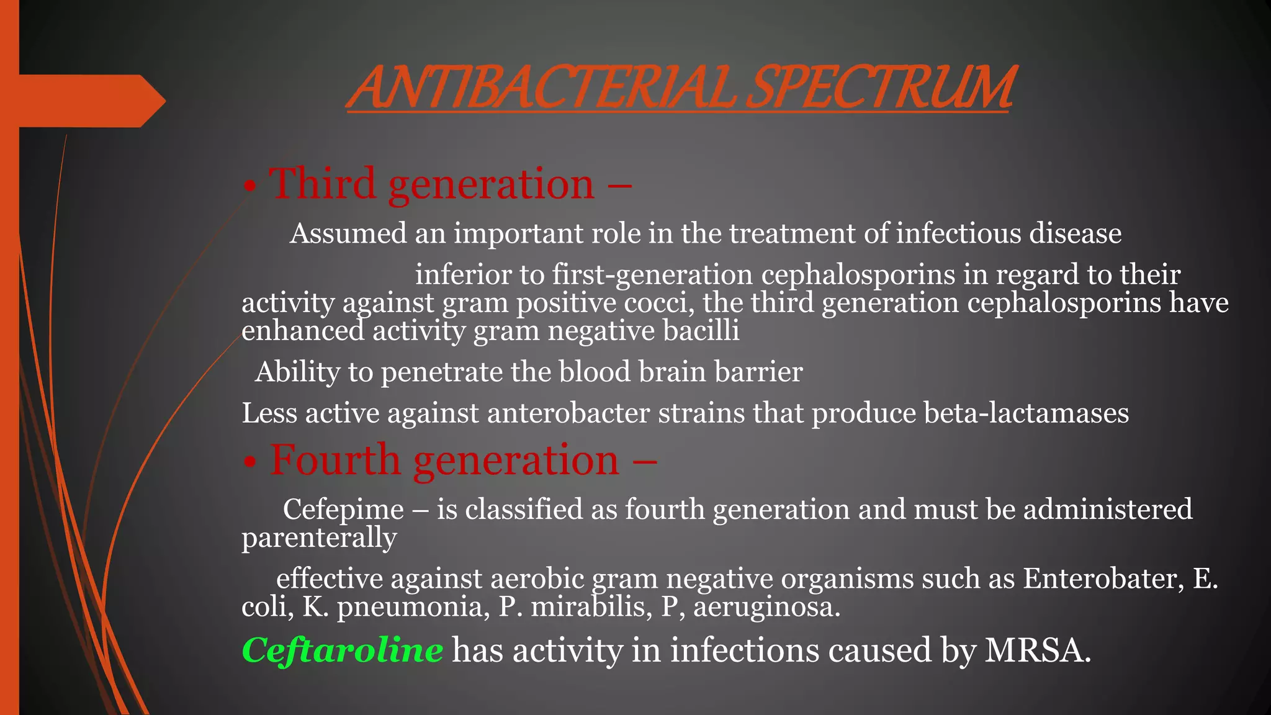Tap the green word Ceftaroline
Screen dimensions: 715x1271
click(x=342, y=650)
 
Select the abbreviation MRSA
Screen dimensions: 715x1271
click(x=1037, y=650)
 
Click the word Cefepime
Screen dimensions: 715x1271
click(x=343, y=510)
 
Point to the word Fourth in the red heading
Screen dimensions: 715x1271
click(x=335, y=460)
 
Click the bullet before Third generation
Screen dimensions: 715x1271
click(x=249, y=186)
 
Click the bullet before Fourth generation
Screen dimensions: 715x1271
click(x=249, y=462)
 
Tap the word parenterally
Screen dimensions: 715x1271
click(x=319, y=538)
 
